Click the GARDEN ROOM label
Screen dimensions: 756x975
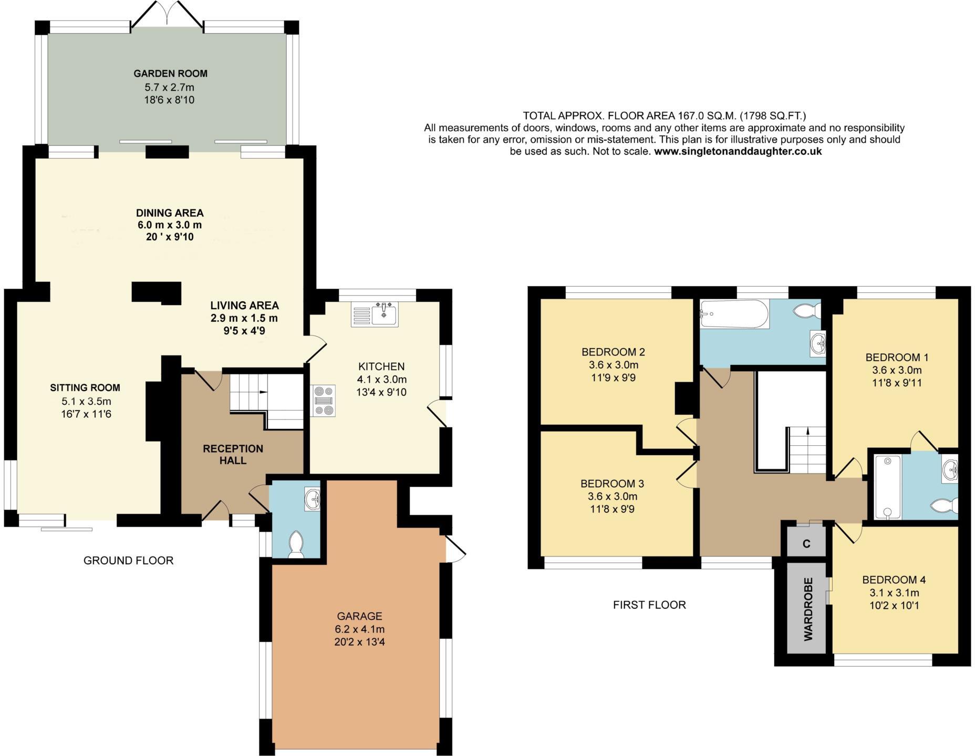tap(170, 73)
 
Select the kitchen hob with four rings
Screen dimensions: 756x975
tap(324, 401)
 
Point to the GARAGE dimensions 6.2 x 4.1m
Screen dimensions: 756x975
tap(359, 629)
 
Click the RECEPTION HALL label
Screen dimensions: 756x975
tap(233, 454)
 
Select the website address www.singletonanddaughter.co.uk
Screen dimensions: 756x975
tap(738, 151)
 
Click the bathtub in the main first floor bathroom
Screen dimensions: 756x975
tap(734, 314)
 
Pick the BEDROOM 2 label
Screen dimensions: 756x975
tap(613, 352)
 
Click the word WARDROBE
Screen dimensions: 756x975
tap(808, 609)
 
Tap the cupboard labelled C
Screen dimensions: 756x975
tap(806, 544)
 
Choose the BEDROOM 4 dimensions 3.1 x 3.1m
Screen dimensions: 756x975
tap(894, 593)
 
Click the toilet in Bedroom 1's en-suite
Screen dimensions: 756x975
tap(945, 506)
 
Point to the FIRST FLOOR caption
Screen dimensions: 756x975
tap(649, 605)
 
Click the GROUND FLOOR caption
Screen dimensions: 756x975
tap(128, 560)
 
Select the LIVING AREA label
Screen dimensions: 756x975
tap(244, 305)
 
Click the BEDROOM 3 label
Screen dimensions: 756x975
tap(612, 484)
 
